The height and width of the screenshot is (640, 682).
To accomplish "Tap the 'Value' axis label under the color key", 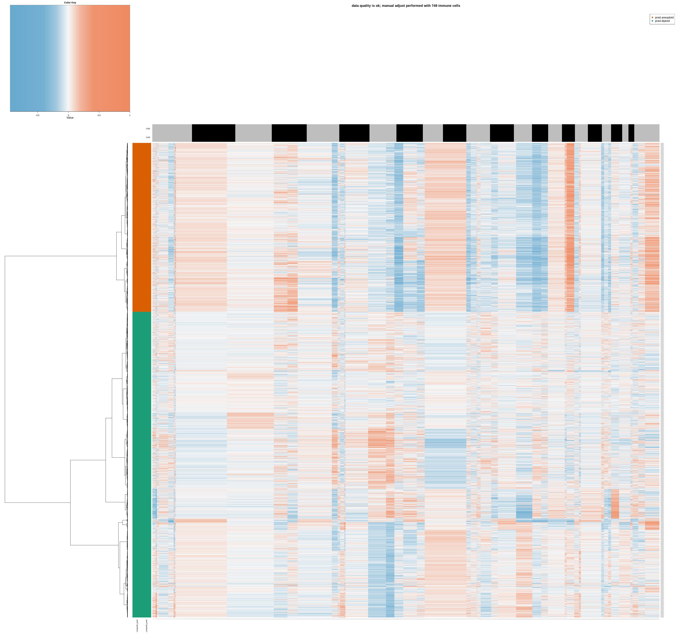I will click(x=70, y=118).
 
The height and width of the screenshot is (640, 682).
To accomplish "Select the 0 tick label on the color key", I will click(x=68, y=115).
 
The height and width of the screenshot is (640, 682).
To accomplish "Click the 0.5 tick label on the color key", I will click(x=99, y=115).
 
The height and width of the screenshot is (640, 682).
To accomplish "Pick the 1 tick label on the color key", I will click(x=130, y=115).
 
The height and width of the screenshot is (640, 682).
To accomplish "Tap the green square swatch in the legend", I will click(x=653, y=21).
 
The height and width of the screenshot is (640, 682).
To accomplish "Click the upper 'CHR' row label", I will click(x=148, y=129).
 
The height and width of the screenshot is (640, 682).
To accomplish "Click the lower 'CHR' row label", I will click(x=148, y=137).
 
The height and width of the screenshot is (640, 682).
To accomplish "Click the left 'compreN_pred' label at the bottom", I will click(x=137, y=626).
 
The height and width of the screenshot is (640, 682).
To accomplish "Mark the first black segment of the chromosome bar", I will click(x=213, y=133).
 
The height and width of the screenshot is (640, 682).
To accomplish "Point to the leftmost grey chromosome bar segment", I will click(x=172, y=133).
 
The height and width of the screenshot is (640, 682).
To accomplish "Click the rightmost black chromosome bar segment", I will click(x=631, y=133).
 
